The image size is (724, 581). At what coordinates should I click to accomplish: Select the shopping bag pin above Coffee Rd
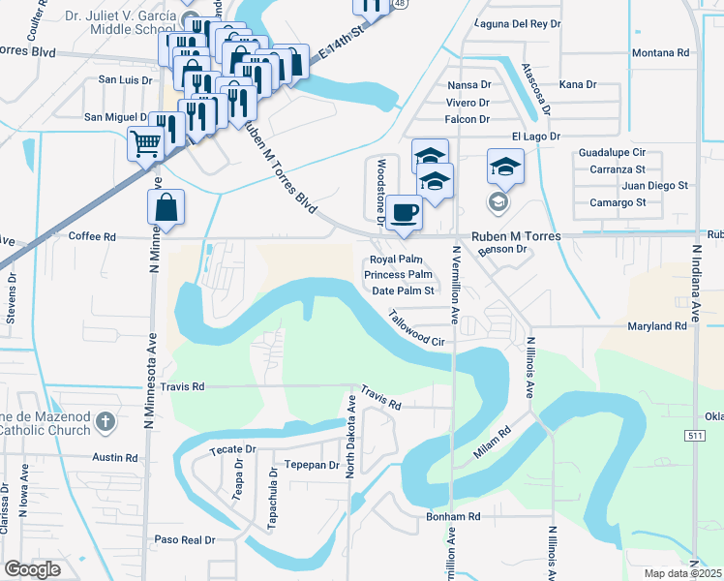(x=166, y=206)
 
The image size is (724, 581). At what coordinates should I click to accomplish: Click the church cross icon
(x=106, y=421)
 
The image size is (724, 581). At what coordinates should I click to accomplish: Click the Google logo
(x=33, y=569)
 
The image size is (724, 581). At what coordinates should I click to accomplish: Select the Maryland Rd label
(x=656, y=326)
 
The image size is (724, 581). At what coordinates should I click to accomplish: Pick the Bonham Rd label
(x=453, y=517)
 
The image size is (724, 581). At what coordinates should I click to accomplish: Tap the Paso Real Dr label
(x=184, y=539)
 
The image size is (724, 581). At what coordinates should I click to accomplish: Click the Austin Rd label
(x=115, y=457)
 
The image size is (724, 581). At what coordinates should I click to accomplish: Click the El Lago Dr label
(x=535, y=137)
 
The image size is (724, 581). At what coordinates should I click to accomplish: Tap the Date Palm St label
(x=402, y=290)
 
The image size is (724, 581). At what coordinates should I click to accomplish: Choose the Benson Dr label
(x=500, y=249)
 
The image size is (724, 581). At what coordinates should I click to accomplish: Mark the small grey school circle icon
(x=498, y=201)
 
